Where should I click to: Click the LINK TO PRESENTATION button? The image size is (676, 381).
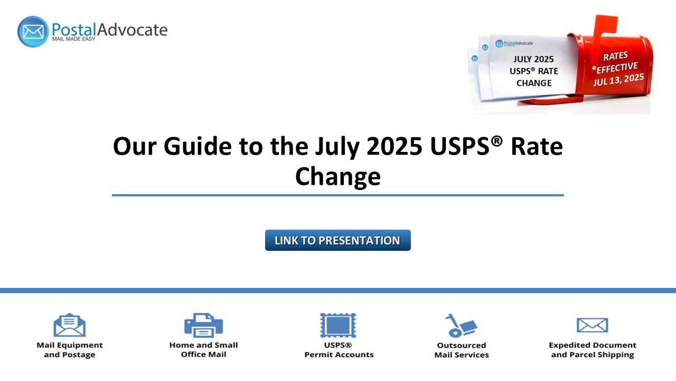coord(337,240)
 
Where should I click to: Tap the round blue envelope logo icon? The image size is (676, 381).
coord(33,32)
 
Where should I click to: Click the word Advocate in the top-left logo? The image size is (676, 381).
coord(132,30)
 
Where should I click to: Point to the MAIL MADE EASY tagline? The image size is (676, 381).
coord(73,39)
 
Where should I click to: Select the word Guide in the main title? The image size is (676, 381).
coord(198,147)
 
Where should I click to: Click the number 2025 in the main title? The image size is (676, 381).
coord(394,147)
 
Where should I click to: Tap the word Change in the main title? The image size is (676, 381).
coord(337,177)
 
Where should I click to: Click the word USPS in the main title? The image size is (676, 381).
coord(459,147)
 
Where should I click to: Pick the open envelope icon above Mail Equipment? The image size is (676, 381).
coord(69,325)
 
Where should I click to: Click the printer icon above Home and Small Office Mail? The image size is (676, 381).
coord(203,325)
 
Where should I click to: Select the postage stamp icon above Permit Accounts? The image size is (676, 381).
coord(338,325)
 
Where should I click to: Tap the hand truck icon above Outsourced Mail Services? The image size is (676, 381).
coord(461,325)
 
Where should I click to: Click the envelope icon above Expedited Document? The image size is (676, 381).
coord(592,325)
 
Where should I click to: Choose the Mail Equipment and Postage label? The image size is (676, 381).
coord(69,350)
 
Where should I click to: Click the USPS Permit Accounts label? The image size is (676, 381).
coord(339,350)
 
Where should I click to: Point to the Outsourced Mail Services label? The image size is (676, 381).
coord(462,350)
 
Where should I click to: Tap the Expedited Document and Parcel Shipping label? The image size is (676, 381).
coord(593,350)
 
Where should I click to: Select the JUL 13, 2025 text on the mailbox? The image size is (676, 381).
coord(618,80)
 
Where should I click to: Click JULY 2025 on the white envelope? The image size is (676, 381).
coord(533,59)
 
